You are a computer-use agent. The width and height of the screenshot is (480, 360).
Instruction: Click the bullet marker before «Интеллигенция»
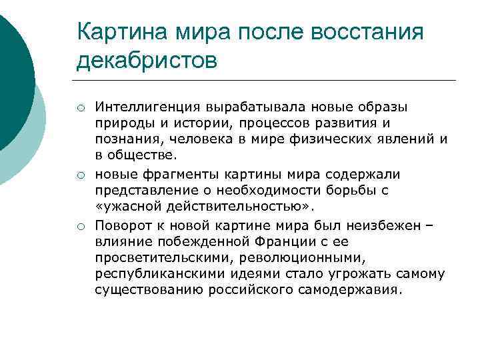(79, 108)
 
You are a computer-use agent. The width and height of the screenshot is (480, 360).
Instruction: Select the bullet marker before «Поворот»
(79, 227)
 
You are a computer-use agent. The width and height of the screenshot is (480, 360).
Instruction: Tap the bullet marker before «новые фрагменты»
(79, 175)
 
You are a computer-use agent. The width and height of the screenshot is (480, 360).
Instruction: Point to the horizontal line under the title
(266, 80)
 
